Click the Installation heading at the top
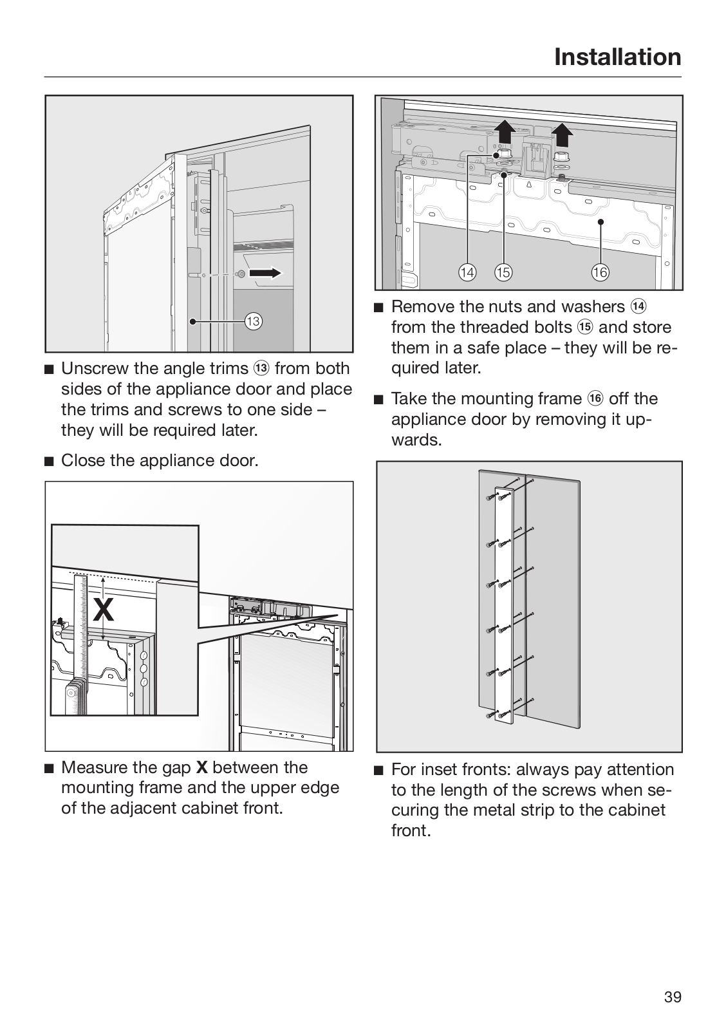pyautogui.click(x=617, y=57)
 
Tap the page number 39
pyautogui.click(x=672, y=997)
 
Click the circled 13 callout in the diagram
pyautogui.click(x=253, y=321)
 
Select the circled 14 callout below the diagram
pyautogui.click(x=467, y=272)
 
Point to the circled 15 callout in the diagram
pyautogui.click(x=503, y=272)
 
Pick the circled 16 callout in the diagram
pyautogui.click(x=599, y=272)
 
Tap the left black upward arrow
pyautogui.click(x=503, y=133)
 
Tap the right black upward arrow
pyautogui.click(x=563, y=135)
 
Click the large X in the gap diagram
pyautogui.click(x=103, y=609)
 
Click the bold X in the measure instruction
pyautogui.click(x=201, y=767)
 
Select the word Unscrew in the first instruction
pyautogui.click(x=89, y=368)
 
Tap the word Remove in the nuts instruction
pyautogui.click(x=421, y=306)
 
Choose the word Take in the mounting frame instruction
pyautogui.click(x=409, y=398)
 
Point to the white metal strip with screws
pyautogui.click(x=505, y=605)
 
